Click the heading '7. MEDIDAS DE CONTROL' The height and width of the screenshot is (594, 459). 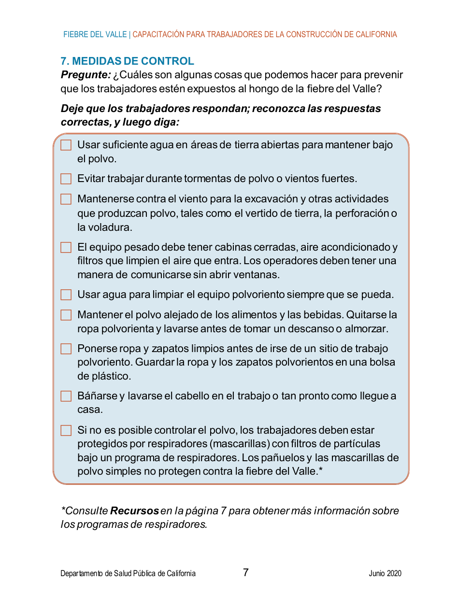(x=127, y=61)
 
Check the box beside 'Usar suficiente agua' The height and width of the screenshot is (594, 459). (x=66, y=145)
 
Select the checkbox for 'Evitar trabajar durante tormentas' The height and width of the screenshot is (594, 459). (x=66, y=179)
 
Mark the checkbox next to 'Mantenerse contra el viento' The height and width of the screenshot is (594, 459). (x=66, y=199)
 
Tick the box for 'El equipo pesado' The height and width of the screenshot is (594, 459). (x=66, y=247)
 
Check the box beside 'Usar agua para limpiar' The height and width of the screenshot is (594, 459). (x=66, y=295)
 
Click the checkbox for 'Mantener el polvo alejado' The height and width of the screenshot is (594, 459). (x=66, y=315)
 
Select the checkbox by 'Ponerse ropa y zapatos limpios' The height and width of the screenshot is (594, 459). (x=66, y=349)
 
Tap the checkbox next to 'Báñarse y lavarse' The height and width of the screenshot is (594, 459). (x=66, y=396)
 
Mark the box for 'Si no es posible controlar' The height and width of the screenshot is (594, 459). (x=66, y=430)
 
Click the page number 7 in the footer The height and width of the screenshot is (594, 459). (x=246, y=573)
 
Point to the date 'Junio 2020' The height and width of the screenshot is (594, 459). (x=385, y=574)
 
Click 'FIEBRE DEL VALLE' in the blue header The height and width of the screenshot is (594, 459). (x=95, y=35)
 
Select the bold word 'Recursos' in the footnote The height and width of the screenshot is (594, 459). (x=135, y=511)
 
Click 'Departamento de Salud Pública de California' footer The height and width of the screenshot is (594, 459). (x=128, y=574)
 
